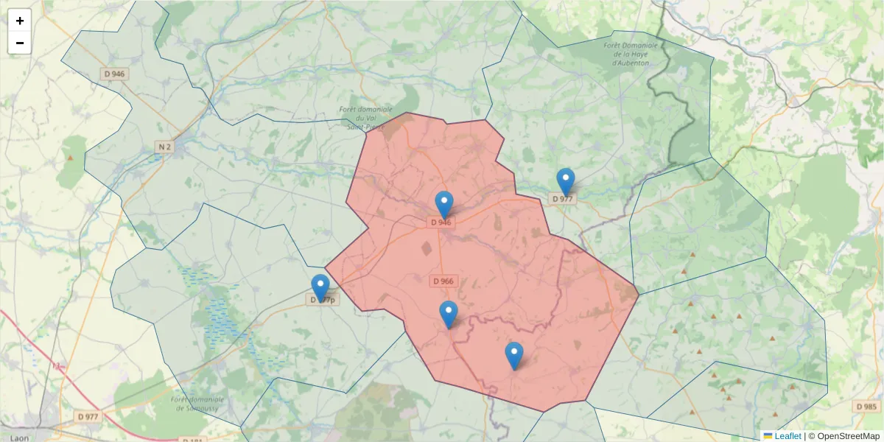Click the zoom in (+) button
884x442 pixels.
tap(20, 21)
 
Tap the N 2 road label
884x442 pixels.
tap(164, 147)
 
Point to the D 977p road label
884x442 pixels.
tap(322, 300)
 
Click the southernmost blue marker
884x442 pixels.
tap(514, 356)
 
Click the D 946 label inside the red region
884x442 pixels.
tap(441, 222)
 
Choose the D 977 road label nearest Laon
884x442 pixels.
tap(88, 416)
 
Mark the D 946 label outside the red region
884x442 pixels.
tap(115, 74)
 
